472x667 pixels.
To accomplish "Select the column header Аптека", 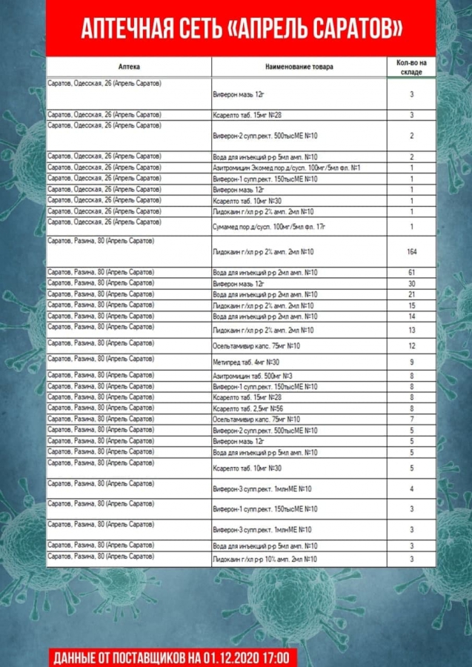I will [x=128, y=67].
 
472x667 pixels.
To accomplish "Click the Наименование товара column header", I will [x=299, y=67].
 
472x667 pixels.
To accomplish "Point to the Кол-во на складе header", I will [x=411, y=67].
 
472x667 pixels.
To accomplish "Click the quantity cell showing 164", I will [x=411, y=252].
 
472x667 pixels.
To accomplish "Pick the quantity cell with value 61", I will [x=411, y=273].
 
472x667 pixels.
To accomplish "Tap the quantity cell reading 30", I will [x=411, y=284].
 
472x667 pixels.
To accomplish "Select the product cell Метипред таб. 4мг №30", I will [x=246, y=362].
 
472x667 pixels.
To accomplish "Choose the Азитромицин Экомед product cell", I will [x=286, y=168].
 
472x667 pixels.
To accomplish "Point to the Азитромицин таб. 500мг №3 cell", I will [x=252, y=376].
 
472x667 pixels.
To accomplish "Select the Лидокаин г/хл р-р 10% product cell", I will [x=264, y=559].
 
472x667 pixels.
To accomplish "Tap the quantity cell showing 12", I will [x=411, y=346].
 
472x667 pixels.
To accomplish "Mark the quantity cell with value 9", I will [x=411, y=362].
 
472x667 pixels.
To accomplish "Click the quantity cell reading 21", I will [x=411, y=294].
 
